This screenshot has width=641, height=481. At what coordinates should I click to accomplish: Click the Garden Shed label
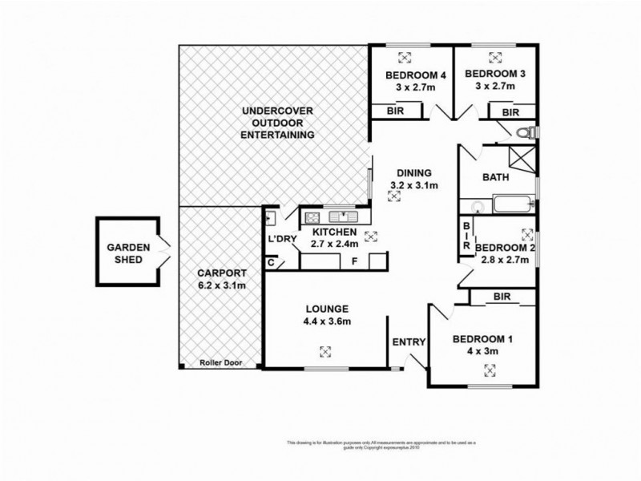pos(126,253)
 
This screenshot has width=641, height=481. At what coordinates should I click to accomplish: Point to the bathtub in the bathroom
pos(510,204)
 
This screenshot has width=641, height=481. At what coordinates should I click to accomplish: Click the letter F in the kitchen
pos(353,261)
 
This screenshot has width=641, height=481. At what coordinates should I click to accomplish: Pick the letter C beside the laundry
pos(271,262)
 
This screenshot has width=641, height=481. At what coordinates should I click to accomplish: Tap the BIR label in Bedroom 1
pos(502,297)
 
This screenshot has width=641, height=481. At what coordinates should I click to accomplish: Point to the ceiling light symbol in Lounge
pos(325,350)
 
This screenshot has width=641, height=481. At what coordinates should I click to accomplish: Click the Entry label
pos(408,342)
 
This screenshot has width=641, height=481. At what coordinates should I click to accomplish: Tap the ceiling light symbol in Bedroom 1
pos(490,370)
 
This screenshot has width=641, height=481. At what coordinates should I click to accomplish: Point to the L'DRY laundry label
pos(283,239)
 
